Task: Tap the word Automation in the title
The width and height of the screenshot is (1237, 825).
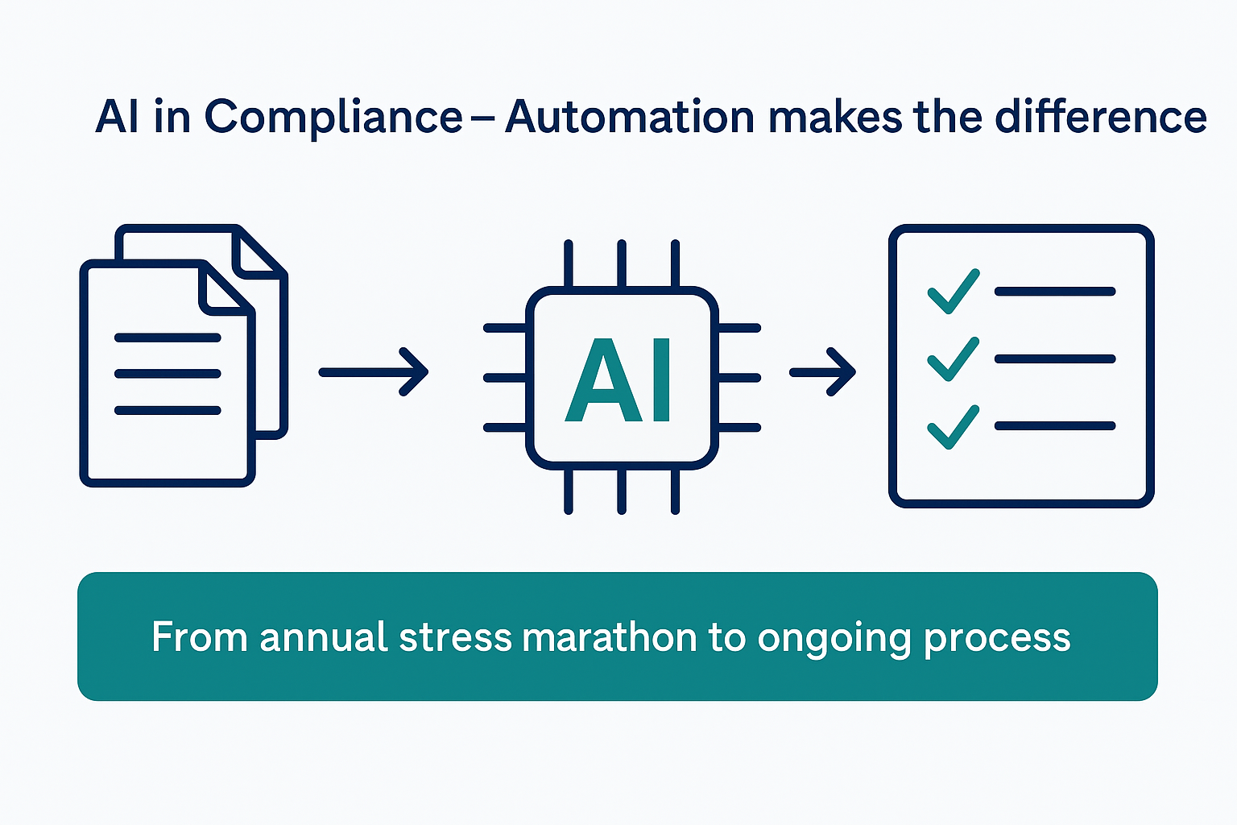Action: tap(629, 118)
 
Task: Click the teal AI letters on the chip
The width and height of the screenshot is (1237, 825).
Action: tap(618, 379)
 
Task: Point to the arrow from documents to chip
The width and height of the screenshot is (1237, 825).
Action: tap(374, 372)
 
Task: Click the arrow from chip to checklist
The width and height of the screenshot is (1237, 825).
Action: tap(822, 372)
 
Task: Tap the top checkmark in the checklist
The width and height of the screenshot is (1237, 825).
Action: tap(953, 291)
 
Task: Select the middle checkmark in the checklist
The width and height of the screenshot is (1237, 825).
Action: tap(953, 359)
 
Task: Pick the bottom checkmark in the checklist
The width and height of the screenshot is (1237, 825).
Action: tap(953, 426)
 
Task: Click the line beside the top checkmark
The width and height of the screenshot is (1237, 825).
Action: tap(1055, 292)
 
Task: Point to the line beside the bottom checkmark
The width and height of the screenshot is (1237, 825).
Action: tap(1055, 425)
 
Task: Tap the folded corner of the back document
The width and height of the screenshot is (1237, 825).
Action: tap(258, 251)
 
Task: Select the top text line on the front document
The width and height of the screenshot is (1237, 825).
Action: tap(168, 338)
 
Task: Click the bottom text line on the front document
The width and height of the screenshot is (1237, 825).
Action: tap(168, 410)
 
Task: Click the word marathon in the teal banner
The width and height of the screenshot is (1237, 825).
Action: tap(609, 637)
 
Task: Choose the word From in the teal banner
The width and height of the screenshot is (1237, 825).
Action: tap(199, 637)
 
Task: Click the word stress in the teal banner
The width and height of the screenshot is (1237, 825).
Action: tap(456, 637)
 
